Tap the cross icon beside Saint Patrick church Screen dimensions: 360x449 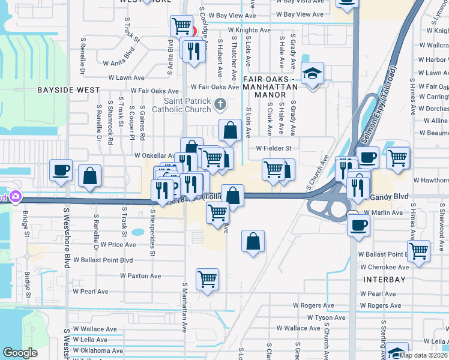(220, 105)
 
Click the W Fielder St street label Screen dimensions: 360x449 (273, 148)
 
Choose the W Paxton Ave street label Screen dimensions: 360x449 (140, 276)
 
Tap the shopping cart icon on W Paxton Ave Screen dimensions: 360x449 (207, 279)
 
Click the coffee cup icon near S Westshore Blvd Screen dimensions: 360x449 (61, 170)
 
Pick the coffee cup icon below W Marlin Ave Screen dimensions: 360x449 (359, 226)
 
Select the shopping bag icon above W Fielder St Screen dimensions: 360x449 (230, 130)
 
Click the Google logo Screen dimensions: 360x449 (20, 353)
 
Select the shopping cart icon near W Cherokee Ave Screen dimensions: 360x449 (419, 251)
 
